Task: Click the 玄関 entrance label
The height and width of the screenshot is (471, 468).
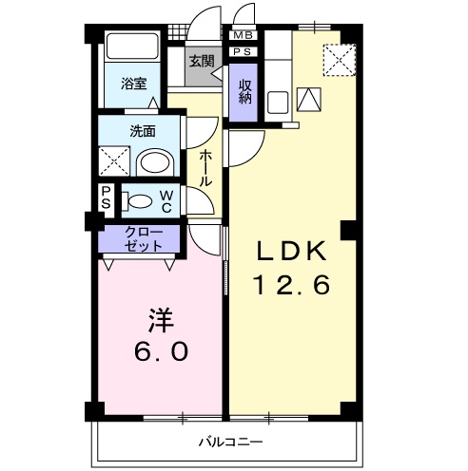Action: (x=202, y=61)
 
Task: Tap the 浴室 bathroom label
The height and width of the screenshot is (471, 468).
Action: (x=133, y=84)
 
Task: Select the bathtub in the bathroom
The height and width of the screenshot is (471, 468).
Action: (x=132, y=46)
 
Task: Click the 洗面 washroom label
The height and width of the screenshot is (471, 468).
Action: (x=143, y=131)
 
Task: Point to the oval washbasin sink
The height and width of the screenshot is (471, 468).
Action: (x=155, y=162)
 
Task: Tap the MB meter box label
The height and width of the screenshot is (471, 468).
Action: (x=243, y=35)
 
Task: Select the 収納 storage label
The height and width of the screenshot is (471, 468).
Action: (x=244, y=92)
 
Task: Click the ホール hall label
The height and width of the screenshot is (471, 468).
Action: (x=205, y=168)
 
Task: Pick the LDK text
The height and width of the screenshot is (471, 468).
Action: (x=292, y=251)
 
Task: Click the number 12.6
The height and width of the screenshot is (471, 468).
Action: (x=292, y=284)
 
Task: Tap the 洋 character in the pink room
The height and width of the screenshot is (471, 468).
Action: (x=161, y=320)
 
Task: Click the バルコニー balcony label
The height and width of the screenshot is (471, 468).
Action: (x=231, y=442)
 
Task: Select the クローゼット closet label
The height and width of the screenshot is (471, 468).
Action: (x=144, y=239)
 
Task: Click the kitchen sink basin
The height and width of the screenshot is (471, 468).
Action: (x=278, y=102)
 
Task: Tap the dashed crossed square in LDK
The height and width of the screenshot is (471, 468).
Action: (x=340, y=60)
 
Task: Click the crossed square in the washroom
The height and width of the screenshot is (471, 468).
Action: (x=114, y=160)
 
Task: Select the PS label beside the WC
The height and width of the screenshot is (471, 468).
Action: (x=106, y=198)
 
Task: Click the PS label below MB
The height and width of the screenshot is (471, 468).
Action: (x=243, y=51)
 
